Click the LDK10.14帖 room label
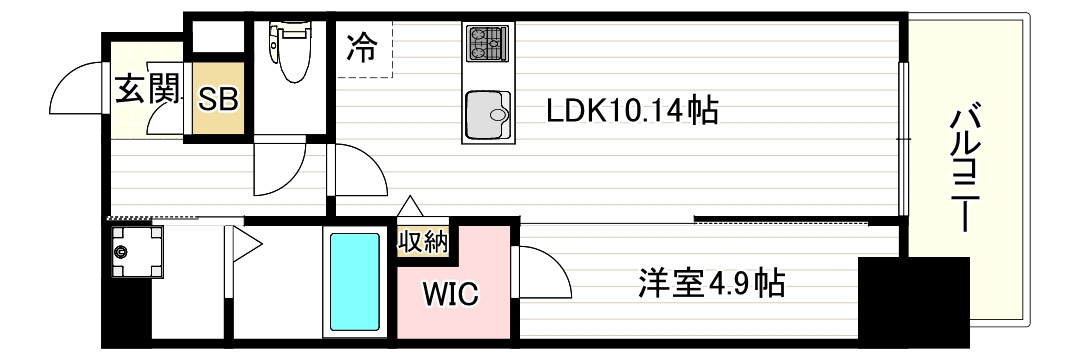(632, 111)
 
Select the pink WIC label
(450, 295)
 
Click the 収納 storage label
(423, 243)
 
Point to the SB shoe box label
(218, 99)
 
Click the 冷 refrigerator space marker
(361, 47)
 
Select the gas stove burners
(487, 43)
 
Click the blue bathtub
(354, 282)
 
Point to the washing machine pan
(137, 252)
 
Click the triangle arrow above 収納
(411, 207)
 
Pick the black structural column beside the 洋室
(914, 299)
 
